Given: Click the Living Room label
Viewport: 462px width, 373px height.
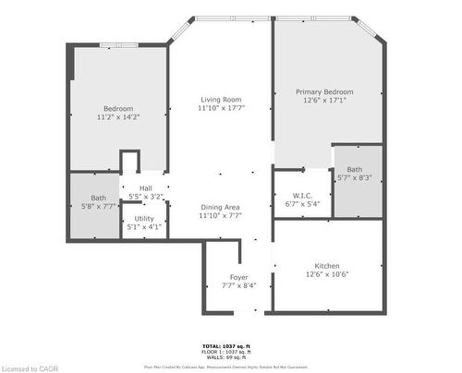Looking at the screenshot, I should (220, 100).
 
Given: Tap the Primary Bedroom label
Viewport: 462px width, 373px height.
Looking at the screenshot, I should (323, 92).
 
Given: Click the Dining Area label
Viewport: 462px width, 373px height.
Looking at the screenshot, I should (220, 207).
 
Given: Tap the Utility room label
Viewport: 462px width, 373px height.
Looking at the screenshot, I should (144, 219).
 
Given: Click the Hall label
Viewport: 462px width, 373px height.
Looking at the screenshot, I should (147, 188).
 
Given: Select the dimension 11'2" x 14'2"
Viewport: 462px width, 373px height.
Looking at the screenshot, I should (118, 117).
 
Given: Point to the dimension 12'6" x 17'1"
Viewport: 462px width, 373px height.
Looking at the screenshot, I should (323, 102).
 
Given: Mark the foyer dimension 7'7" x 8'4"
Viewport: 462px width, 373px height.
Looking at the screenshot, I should (238, 286).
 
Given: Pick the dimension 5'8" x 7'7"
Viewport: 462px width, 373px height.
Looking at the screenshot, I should (98, 206).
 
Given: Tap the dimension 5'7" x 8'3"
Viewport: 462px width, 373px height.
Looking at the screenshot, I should (355, 178).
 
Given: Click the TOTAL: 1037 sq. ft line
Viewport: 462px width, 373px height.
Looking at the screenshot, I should (225, 346).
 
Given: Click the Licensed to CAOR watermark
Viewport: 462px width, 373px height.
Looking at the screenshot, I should (30, 367).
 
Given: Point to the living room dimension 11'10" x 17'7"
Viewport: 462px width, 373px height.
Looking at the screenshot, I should (220, 109).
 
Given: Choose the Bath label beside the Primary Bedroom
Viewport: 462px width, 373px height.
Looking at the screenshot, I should (355, 169).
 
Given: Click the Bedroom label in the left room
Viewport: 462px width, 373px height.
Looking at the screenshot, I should (118, 108).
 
